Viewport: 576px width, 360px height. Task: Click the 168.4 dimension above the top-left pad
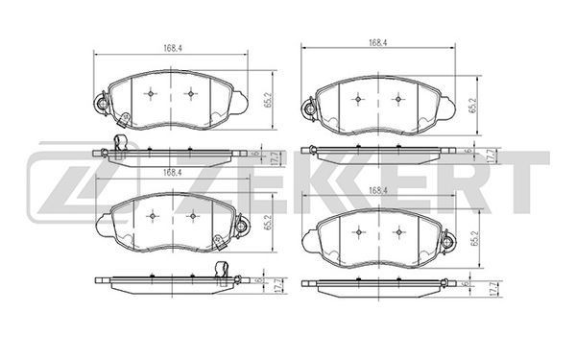[173, 48]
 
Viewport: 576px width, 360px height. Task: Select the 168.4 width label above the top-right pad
[378, 42]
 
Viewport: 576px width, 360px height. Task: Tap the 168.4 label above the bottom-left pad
[173, 172]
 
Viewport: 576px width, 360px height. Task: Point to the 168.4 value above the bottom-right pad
[378, 190]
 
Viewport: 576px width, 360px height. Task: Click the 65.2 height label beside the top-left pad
[268, 100]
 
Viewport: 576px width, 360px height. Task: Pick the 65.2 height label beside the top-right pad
[472, 105]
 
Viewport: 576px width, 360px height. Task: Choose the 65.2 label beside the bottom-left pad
[268, 223]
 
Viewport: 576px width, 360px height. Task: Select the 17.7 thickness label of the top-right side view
[490, 156]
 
